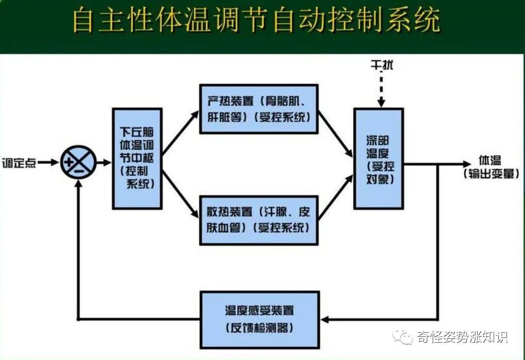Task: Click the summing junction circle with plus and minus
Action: [78, 163]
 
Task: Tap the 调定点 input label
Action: [19, 163]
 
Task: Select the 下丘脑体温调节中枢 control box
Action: [137, 158]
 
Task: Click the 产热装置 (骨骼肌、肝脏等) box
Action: [258, 109]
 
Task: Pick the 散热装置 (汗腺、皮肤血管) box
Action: [258, 220]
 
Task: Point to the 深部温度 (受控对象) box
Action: [379, 158]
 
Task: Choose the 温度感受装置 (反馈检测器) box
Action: [259, 319]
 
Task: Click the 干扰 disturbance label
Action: [381, 65]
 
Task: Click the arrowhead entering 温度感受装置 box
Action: [325, 319]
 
